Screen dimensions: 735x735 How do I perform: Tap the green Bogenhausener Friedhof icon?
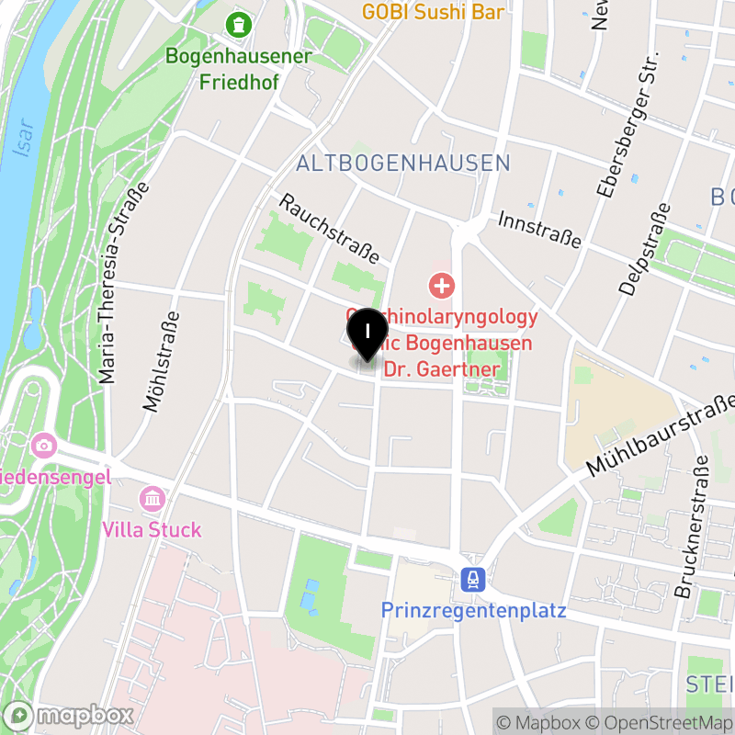click(239, 24)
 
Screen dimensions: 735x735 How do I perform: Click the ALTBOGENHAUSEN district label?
click(402, 164)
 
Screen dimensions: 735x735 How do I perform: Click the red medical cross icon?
click(442, 285)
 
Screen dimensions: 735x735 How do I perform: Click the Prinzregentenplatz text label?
click(473, 610)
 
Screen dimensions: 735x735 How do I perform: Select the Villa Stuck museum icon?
click(152, 500)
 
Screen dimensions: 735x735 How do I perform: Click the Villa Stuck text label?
click(152, 530)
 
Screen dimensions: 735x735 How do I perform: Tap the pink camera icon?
click(43, 447)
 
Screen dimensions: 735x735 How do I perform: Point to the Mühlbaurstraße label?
click(661, 437)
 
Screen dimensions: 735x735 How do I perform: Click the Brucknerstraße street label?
click(695, 528)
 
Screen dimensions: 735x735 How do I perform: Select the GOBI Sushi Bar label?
click(433, 12)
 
